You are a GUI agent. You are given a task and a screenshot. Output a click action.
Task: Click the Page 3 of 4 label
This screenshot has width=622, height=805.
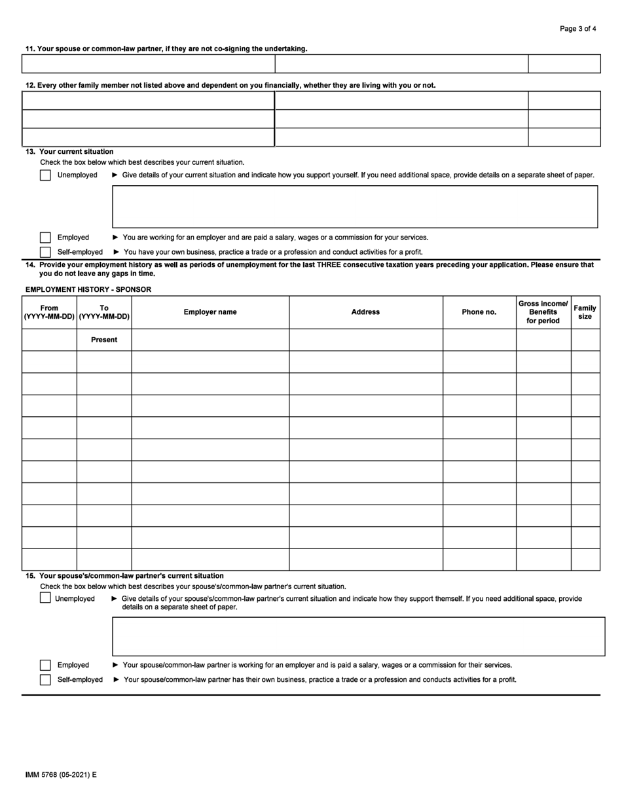577,29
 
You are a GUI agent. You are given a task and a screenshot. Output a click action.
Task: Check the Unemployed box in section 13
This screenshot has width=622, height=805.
45,175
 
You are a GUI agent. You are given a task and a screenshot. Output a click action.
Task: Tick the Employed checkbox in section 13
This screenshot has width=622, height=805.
45,238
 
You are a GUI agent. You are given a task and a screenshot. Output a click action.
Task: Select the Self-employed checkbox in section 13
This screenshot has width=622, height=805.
45,252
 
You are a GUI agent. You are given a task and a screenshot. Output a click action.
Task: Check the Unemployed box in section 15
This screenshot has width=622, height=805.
45,598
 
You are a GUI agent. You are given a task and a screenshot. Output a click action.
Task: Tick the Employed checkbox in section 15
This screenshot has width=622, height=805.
45,665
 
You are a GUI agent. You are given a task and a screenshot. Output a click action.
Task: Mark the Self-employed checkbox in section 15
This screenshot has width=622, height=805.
45,679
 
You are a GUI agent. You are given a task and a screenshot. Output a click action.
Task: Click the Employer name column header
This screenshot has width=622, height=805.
210,312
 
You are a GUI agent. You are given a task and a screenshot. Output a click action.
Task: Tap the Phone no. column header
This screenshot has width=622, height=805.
479,312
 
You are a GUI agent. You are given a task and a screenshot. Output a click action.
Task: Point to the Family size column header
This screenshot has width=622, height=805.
585,312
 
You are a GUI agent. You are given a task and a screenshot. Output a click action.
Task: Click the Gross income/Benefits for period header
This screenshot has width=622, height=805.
543,312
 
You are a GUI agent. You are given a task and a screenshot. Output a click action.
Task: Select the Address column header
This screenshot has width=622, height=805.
365,312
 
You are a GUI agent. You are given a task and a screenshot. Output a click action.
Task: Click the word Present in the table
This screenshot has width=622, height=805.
104,340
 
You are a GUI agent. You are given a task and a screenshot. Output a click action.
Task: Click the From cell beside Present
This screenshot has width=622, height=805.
49,340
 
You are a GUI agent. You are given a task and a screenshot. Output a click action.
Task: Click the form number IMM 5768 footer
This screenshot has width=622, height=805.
60,775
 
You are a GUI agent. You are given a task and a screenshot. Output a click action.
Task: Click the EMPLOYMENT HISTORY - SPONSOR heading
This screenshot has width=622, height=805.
88,289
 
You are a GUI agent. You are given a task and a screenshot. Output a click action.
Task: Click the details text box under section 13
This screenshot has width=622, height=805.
355,207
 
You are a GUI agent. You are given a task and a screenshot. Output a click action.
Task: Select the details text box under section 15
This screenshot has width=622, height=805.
358,636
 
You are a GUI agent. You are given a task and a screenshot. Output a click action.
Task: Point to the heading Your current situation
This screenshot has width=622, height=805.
76,152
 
